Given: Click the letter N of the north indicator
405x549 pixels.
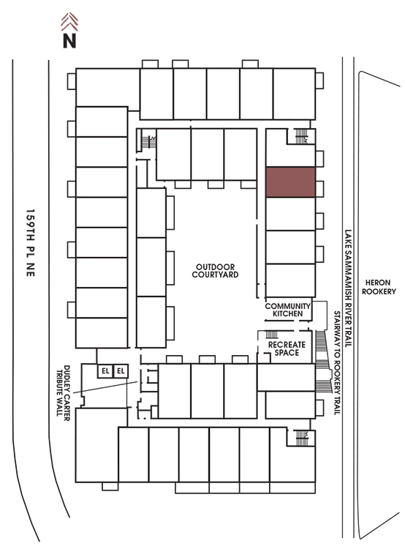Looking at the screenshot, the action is click(x=69, y=40).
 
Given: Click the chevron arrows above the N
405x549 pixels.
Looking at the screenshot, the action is click(x=69, y=22).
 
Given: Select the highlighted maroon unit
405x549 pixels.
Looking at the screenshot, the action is click(x=290, y=182).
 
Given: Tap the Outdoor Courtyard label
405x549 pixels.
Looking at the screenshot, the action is click(x=215, y=271).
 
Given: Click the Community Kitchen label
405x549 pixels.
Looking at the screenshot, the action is click(x=288, y=310).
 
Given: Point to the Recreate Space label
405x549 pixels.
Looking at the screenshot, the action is click(x=287, y=348).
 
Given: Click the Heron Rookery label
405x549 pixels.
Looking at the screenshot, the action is click(x=379, y=287).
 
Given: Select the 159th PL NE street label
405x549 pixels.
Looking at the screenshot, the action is click(x=31, y=242).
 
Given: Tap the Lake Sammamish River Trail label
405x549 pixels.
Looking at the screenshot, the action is click(x=348, y=288).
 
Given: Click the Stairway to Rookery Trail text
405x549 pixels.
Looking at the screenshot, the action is click(x=337, y=363).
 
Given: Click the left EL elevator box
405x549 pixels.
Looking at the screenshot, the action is click(x=105, y=371).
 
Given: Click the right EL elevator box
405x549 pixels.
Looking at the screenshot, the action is click(x=121, y=371).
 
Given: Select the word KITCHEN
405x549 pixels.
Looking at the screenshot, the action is click(x=288, y=314).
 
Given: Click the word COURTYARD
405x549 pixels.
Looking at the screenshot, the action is click(x=215, y=274).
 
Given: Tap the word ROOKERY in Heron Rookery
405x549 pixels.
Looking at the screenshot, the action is click(x=379, y=291).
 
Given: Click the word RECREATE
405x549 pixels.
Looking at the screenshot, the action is click(x=287, y=345).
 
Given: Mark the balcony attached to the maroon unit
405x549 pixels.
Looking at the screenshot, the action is click(x=319, y=189).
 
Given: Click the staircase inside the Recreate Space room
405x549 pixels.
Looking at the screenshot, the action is click(x=272, y=335).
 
